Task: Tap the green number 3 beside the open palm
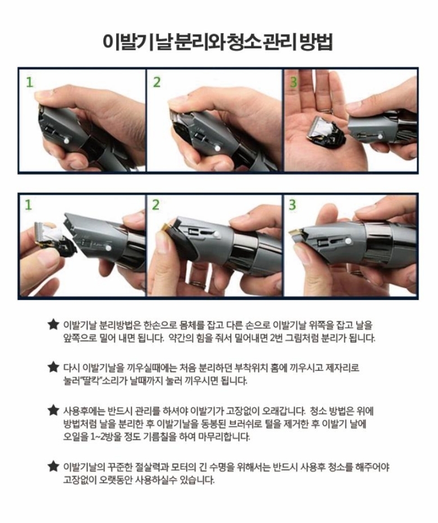coord(292,81)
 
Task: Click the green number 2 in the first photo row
coord(157,81)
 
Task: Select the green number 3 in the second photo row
coord(292,204)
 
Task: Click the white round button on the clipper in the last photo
coord(348,241)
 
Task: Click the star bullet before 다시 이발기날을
coord(53,367)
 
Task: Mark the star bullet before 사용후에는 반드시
coord(53,410)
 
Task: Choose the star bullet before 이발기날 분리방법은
coord(53,325)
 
